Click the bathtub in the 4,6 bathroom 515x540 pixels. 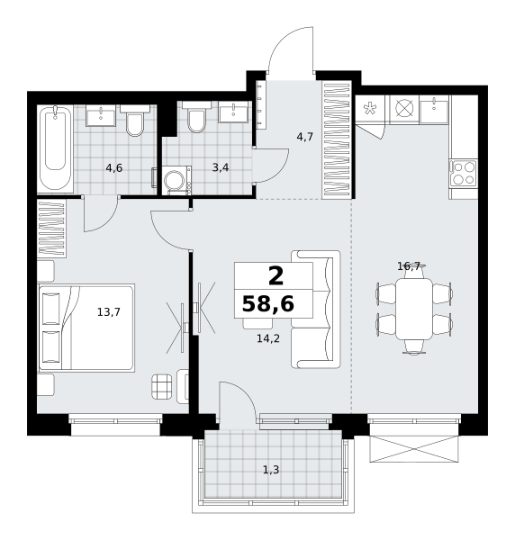[55, 148]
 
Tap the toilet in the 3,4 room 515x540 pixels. [196, 117]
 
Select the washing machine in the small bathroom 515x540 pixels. [176, 180]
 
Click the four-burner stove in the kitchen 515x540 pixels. [464, 174]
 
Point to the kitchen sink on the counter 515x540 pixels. [434, 110]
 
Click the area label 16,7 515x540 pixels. [409, 265]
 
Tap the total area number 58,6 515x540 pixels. [268, 304]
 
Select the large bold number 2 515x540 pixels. [276, 276]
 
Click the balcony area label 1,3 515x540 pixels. [271, 470]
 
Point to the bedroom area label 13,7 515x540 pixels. [109, 312]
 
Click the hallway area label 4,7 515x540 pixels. [305, 137]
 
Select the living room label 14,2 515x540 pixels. [268, 338]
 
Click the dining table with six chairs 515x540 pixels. [414, 309]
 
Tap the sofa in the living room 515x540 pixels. [315, 310]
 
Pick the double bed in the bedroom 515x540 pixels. [86, 328]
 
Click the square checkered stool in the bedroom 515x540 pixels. [161, 386]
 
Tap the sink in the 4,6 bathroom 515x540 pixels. [101, 115]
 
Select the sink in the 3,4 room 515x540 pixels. [233, 112]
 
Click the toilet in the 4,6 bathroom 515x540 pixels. [135, 121]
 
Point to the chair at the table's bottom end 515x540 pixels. [414, 346]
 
